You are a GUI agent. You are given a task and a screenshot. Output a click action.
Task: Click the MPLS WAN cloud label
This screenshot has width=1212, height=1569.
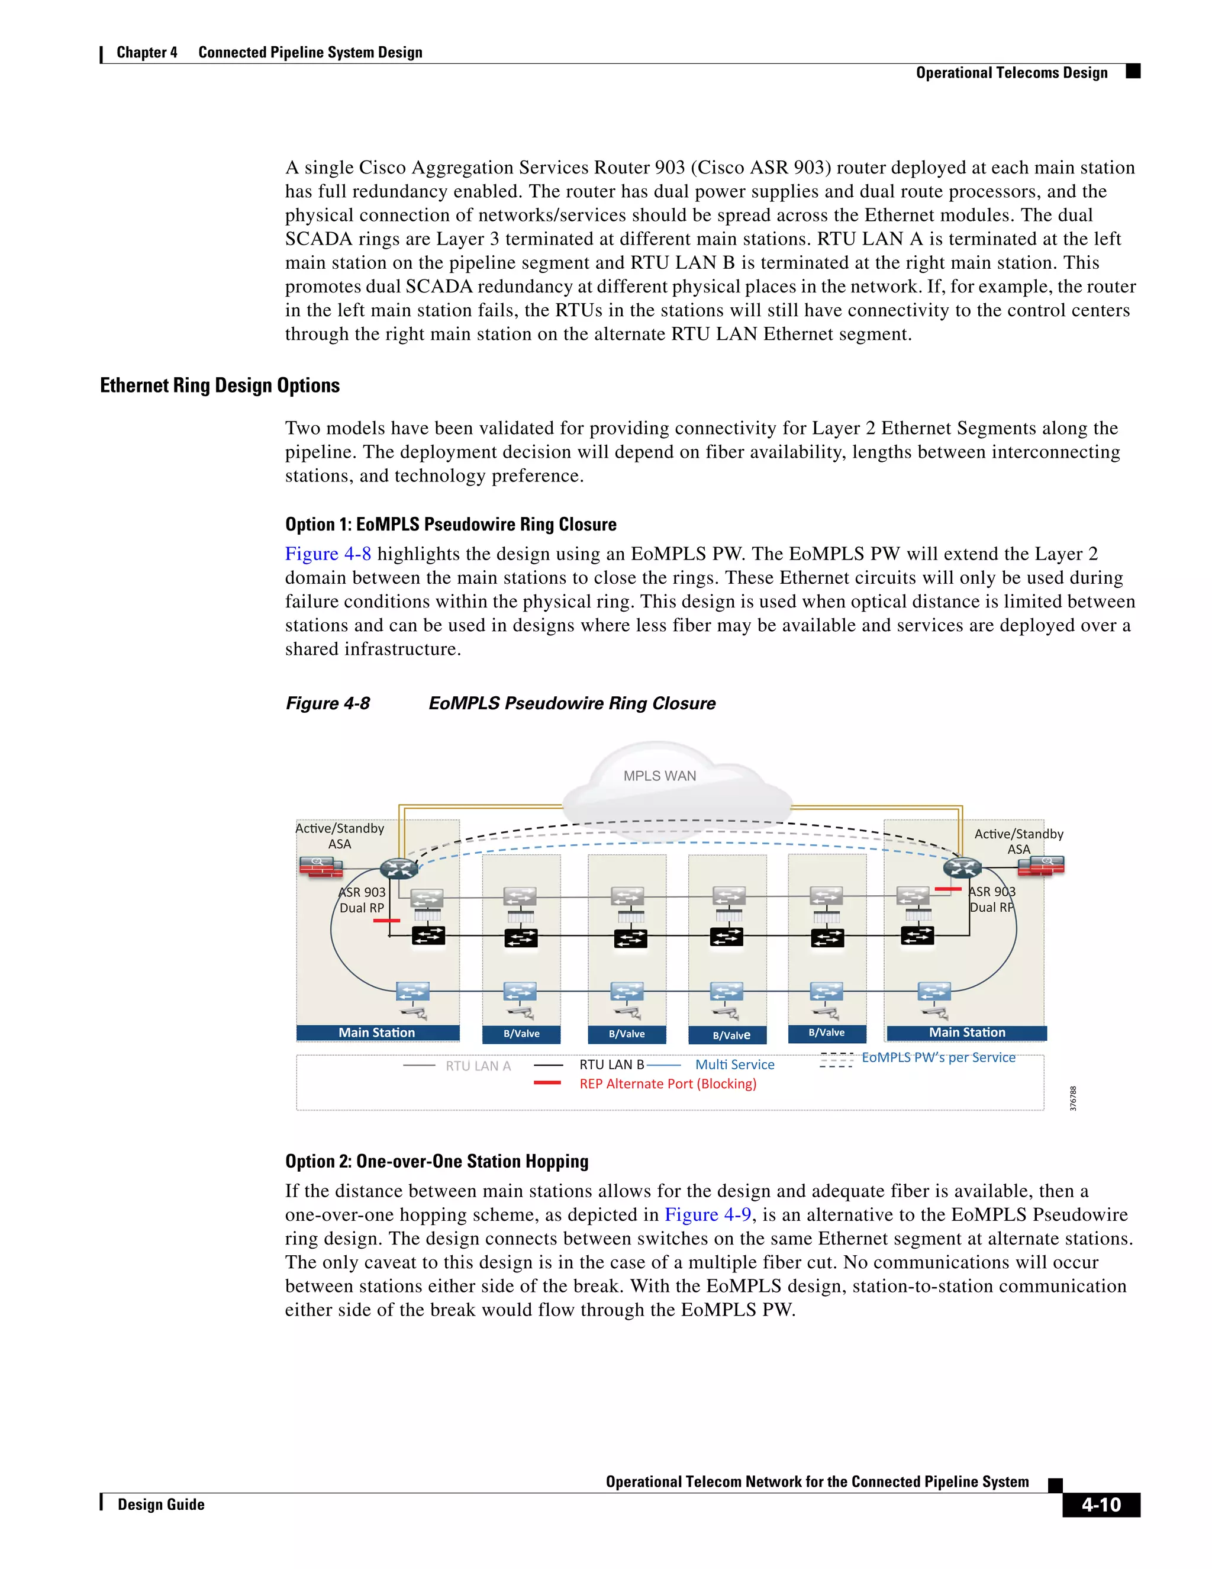click(659, 776)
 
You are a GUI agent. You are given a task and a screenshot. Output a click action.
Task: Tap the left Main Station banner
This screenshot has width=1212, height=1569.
click(377, 1033)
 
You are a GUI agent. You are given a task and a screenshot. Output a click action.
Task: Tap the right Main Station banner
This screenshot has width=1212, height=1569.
click(966, 1033)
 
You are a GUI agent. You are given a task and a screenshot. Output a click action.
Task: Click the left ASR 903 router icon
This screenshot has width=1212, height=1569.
click(398, 868)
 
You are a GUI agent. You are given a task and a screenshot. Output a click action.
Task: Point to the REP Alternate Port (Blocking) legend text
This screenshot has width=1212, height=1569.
click(668, 1084)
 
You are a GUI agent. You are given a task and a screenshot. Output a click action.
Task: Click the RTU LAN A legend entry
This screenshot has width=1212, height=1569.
click(478, 1066)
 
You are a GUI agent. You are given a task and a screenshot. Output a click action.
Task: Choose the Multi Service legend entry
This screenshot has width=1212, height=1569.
click(734, 1065)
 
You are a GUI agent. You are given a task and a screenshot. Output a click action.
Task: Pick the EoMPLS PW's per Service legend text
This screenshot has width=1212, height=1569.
click(938, 1057)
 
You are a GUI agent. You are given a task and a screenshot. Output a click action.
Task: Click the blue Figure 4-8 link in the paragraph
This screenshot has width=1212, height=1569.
click(328, 554)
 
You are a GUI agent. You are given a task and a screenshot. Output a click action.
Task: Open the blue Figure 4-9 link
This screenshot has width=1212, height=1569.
click(707, 1215)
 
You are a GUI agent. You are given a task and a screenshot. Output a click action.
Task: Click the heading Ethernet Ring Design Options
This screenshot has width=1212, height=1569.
click(220, 386)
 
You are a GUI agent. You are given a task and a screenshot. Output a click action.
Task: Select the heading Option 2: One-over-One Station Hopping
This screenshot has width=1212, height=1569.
click(437, 1162)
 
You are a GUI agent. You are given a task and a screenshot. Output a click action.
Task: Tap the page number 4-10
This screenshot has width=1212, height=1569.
click(1101, 1505)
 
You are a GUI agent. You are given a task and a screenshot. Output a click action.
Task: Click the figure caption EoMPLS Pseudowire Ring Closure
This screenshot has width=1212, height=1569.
click(572, 703)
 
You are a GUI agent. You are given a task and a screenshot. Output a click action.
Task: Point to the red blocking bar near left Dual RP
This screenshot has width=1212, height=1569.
click(386, 920)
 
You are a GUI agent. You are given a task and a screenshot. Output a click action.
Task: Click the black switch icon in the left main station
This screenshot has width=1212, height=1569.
click(428, 935)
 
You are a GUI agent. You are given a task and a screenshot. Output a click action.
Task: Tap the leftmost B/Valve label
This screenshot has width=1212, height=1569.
click(521, 1034)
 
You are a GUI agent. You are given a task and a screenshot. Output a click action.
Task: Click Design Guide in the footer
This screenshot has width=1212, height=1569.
click(161, 1504)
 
